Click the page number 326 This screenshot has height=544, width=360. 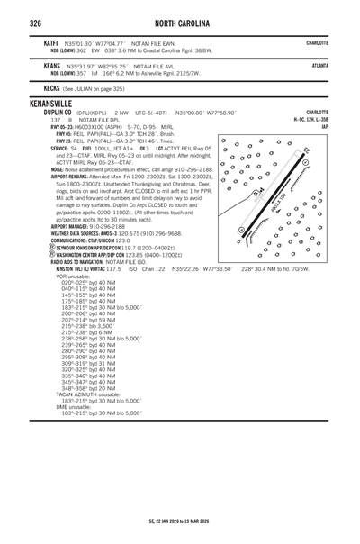click(35, 21)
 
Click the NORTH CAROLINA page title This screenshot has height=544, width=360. click(179, 21)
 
